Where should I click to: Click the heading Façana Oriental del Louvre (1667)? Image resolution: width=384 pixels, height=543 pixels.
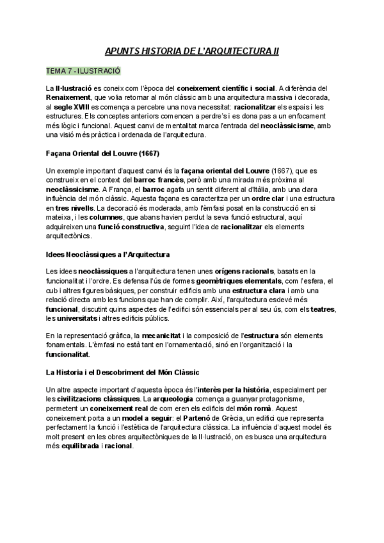(x=103, y=154)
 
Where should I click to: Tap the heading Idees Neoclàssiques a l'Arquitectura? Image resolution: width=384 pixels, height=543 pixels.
(x=108, y=254)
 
